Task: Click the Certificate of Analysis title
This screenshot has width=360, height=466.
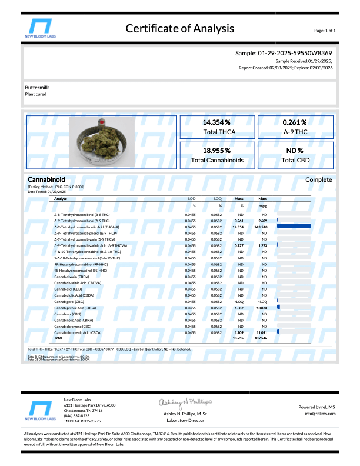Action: [x=179, y=28]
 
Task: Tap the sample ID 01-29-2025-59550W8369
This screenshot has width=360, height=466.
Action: [x=284, y=53]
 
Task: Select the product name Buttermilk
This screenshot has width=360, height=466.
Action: [x=38, y=87]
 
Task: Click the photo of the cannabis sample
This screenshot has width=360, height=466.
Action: [x=102, y=143]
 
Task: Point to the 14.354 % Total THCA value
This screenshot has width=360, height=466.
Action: [x=216, y=122]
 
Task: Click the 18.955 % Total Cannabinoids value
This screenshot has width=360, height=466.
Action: [x=216, y=150]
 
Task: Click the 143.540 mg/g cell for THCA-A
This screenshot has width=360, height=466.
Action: [x=263, y=225]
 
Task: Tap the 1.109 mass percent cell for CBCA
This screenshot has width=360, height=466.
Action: [x=239, y=333]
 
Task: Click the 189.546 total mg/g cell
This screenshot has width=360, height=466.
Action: [x=263, y=338]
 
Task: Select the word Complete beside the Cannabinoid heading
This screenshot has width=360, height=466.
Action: [x=319, y=180]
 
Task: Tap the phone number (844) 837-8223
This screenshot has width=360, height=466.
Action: [x=76, y=415]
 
